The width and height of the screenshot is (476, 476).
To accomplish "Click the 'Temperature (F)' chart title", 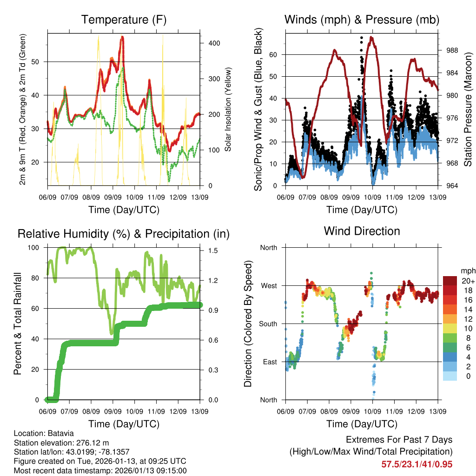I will coord(124,20).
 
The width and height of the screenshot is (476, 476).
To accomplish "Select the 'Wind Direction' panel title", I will coord(362,231).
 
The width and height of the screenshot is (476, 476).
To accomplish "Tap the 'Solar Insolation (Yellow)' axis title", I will coord(228,110).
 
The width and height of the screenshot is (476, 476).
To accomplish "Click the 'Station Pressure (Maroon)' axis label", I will coord(468,110).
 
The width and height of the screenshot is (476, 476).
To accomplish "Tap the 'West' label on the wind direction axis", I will coord(268,286).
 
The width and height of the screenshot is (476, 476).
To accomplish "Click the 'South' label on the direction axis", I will coord(268,324).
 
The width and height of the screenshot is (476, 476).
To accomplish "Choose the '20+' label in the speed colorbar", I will coord(468,281).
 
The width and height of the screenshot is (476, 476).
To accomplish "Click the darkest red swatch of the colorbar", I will coord(450,281).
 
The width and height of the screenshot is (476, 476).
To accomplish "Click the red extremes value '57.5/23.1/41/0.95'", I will coord(416,464).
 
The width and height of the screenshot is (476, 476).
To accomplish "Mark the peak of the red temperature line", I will coord(122,37).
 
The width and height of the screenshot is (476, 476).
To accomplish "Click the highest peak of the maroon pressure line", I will coord(371,37).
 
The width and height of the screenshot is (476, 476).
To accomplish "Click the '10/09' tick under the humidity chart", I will coord(135,411).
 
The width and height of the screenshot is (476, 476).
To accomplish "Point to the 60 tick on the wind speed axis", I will coord(273,54).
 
